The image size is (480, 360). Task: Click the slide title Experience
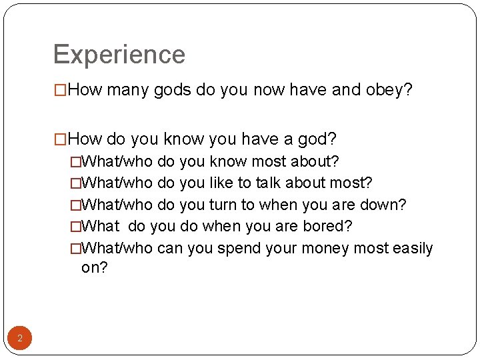click(x=119, y=55)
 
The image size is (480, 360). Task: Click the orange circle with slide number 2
click(x=20, y=339)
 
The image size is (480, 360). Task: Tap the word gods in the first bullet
click(x=173, y=90)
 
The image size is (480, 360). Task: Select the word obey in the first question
click(x=389, y=90)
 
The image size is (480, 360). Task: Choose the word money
click(x=327, y=249)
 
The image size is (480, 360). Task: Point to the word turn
click(x=224, y=205)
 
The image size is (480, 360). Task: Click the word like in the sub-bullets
click(x=223, y=183)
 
